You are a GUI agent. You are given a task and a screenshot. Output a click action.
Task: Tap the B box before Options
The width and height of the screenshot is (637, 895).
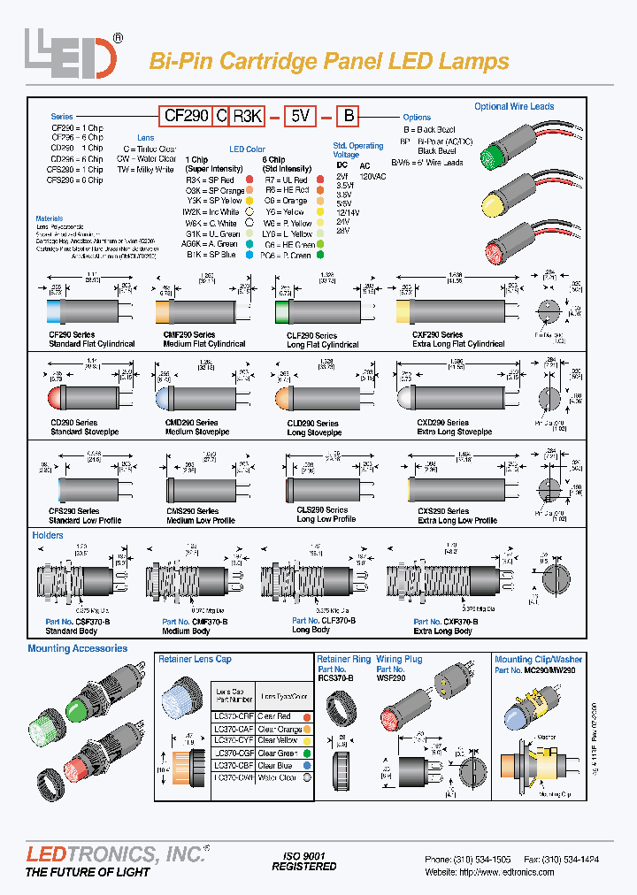pyautogui.click(x=349, y=116)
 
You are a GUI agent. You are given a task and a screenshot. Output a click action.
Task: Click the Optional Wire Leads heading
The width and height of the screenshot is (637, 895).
pyautogui.click(x=514, y=106)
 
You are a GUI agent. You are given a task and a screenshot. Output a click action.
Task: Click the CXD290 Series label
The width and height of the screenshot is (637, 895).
pyautogui.click(x=442, y=424)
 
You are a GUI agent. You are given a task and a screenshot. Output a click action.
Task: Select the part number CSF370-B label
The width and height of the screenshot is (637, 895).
pyautogui.click(x=78, y=622)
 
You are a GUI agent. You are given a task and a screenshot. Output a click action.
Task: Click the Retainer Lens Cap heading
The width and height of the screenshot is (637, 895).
pyautogui.click(x=195, y=660)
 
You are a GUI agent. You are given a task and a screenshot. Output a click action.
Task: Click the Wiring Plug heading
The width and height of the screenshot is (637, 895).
pyautogui.click(x=399, y=660)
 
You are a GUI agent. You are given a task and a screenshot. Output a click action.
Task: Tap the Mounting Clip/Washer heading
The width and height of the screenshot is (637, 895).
pyautogui.click(x=538, y=660)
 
